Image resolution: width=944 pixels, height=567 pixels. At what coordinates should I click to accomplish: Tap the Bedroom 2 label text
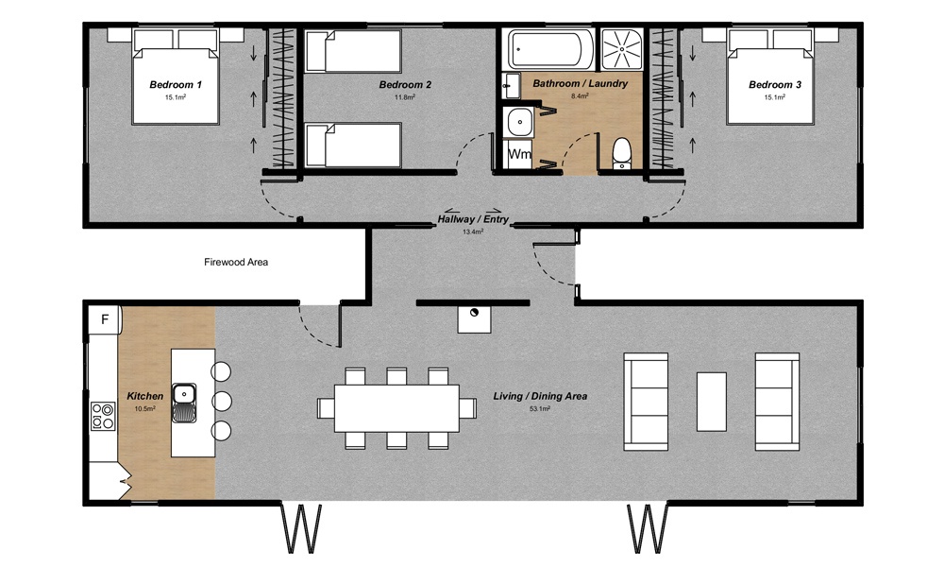click(x=405, y=85)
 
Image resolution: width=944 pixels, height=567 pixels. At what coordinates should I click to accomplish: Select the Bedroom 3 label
click(x=775, y=85)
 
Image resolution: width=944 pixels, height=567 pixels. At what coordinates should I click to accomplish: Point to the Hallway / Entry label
click(x=473, y=219)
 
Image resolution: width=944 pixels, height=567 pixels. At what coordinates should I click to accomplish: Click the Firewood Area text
click(x=237, y=262)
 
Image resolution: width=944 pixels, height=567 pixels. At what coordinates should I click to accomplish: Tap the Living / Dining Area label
click(x=540, y=396)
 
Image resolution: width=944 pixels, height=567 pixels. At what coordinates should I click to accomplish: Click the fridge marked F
click(x=104, y=319)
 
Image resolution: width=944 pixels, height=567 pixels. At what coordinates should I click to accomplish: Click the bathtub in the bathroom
click(x=551, y=48)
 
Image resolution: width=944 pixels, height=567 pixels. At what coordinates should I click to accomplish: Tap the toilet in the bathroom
click(x=621, y=152)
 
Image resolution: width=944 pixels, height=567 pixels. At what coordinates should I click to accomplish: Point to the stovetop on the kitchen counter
click(x=102, y=416)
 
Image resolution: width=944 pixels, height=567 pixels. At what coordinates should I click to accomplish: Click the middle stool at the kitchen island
click(x=222, y=401)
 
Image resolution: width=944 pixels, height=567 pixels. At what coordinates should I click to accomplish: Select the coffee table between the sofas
click(x=711, y=401)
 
